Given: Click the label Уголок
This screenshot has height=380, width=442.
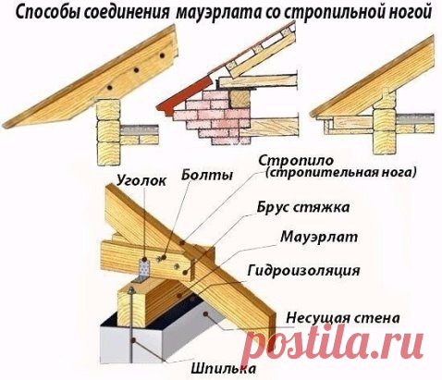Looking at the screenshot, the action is pos(141,181).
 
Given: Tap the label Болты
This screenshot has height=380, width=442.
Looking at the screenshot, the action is pos(207,175).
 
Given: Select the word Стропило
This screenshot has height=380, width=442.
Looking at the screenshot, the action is pos(296,161).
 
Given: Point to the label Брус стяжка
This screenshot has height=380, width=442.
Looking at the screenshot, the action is pos(303,207).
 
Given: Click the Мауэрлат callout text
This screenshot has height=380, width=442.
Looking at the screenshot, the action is pos(319,238).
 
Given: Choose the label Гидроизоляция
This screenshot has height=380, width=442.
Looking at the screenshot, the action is pos(303,271).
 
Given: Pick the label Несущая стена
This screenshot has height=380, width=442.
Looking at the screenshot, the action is pos(343,318).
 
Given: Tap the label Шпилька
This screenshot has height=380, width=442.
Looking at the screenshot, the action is pos(223,368).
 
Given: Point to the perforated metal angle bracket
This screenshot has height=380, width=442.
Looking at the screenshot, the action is pos(143,270).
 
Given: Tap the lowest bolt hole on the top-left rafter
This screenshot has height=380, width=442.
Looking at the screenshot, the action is pos(109,87).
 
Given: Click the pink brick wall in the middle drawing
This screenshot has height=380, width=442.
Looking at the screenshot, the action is pos(213,117).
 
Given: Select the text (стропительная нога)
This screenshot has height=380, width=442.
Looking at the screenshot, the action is pos(341,173).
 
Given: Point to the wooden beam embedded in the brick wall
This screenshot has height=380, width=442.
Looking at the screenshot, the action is pos(240,98).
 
